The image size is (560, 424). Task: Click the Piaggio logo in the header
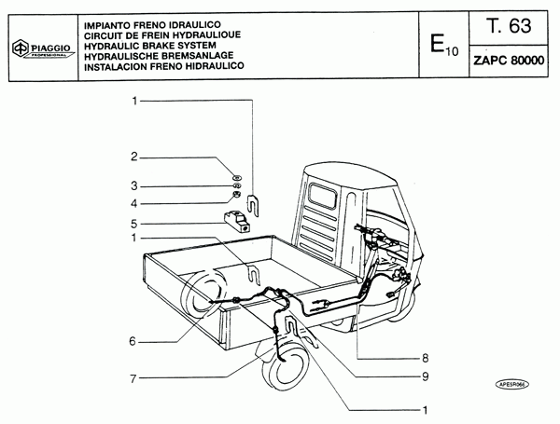click(x=38, y=50)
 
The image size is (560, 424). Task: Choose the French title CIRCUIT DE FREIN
click(x=154, y=33)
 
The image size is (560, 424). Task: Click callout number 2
click(x=134, y=157)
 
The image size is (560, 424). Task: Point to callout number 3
click(x=134, y=185)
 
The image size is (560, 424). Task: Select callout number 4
click(x=134, y=203)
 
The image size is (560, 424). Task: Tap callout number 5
click(x=134, y=224)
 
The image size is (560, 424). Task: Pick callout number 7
click(x=134, y=379)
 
